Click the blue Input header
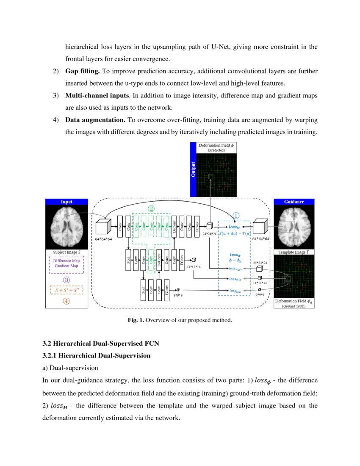67,202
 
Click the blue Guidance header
294,202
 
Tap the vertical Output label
194,169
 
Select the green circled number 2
151,208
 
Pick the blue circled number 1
236,216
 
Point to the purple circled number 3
66,280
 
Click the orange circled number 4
66,301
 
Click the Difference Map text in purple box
66,261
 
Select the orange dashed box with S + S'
66,290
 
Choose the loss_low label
235,291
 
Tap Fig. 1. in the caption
136,320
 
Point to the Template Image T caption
294,252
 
